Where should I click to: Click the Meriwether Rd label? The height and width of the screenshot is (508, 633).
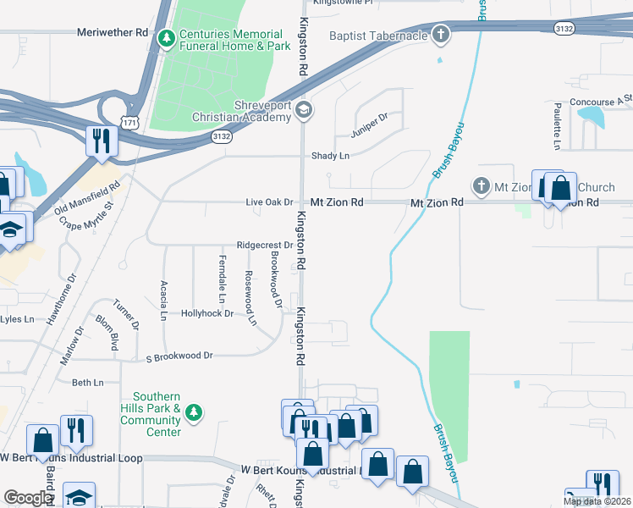(x=113, y=33)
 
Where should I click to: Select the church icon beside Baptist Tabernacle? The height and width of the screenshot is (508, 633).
(x=439, y=35)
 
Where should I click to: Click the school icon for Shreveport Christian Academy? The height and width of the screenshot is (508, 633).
(x=304, y=110)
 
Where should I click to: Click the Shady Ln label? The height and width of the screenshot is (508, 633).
(x=330, y=156)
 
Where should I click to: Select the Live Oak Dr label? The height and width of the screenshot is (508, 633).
(x=268, y=202)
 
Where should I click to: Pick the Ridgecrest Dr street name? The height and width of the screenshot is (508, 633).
(x=264, y=245)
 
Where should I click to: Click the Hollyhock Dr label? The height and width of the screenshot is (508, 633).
(x=207, y=313)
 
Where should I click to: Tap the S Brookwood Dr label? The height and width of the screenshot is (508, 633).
(x=179, y=356)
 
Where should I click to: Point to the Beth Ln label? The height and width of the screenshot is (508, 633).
(x=87, y=383)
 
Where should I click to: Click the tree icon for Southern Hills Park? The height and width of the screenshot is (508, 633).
(x=195, y=411)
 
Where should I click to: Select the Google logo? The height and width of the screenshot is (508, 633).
(x=28, y=498)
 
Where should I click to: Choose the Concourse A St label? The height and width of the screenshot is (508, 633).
(x=601, y=102)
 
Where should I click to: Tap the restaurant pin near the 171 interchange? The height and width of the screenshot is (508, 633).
(x=102, y=141)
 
